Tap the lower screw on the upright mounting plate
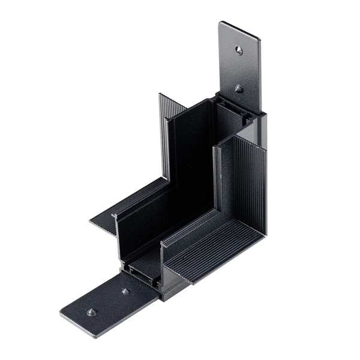tap(239, 89)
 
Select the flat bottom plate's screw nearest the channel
tap(125, 291)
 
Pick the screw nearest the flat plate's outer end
tap(91, 311)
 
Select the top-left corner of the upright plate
tap(220, 25)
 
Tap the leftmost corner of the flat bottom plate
tap(62, 313)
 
